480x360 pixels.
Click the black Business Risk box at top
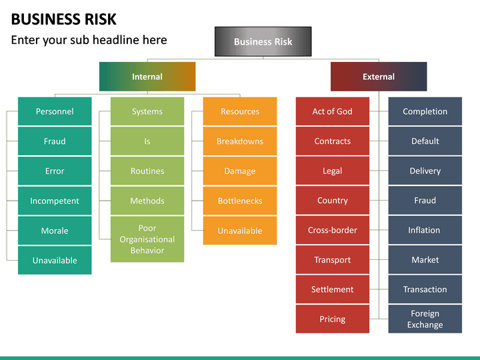point(263,41)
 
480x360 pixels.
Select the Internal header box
point(147,77)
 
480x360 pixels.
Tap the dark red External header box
point(379,77)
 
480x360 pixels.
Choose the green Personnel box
point(55,111)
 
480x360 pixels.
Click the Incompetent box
point(55,201)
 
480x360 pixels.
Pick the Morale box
point(55,231)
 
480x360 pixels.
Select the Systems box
point(147,111)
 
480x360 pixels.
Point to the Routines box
point(147,171)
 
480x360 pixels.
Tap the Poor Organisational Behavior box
point(147,239)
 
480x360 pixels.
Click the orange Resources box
point(240,111)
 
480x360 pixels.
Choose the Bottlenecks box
point(240,201)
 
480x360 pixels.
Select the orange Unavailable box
point(240,231)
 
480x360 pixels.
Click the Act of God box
point(332,111)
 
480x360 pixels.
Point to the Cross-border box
point(332,230)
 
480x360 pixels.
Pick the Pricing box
point(332,319)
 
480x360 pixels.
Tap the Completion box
point(425,111)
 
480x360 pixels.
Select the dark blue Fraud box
point(425,200)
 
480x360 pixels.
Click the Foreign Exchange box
point(425,319)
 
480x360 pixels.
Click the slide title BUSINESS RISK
point(63,18)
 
